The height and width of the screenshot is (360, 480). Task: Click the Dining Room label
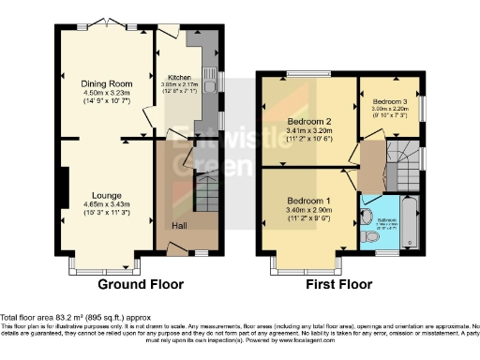pos(102,82)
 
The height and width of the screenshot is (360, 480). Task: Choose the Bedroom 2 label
pos(308,120)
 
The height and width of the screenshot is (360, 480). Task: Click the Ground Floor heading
pos(140,284)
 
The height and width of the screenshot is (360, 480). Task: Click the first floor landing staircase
pos(405,154)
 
